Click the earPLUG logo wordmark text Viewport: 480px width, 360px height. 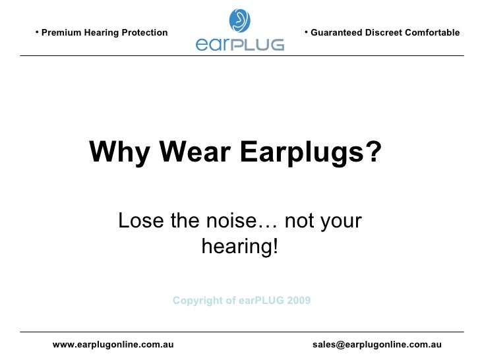click(240, 44)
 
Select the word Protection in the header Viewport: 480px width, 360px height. click(144, 33)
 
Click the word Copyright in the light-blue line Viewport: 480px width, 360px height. click(195, 301)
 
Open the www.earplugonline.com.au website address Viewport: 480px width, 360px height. click(113, 344)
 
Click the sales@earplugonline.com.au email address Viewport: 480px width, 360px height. click(376, 344)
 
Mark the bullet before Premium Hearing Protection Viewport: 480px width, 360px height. click(38, 32)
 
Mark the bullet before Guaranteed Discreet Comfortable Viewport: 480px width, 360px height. click(307, 32)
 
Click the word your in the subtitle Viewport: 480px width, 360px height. click(340, 221)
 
